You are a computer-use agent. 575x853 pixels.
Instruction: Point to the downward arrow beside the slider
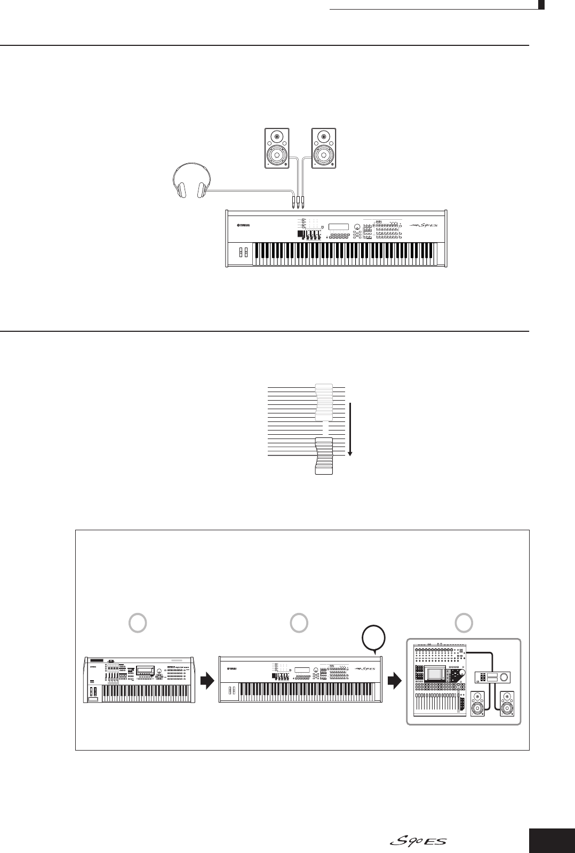click(350, 430)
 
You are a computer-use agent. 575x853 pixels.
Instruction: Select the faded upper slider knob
click(324, 402)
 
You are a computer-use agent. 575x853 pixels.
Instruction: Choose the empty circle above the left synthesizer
click(138, 622)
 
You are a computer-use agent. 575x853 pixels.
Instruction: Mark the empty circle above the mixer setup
click(464, 622)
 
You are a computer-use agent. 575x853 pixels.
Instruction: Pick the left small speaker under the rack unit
click(479, 704)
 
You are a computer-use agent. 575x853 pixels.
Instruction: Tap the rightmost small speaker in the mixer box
click(508, 704)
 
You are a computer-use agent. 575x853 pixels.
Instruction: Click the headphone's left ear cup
click(181, 190)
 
